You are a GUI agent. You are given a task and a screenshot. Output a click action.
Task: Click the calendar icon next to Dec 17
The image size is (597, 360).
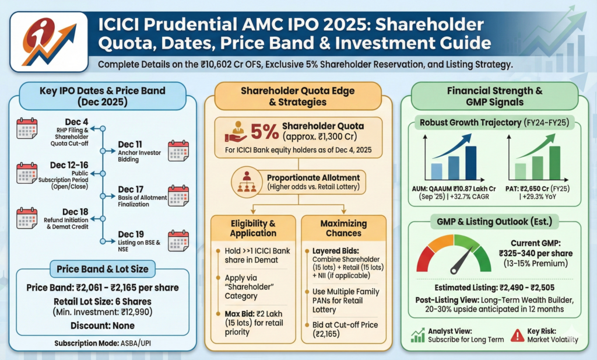[178, 195]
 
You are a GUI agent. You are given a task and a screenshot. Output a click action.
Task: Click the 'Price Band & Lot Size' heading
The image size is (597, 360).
[102, 270]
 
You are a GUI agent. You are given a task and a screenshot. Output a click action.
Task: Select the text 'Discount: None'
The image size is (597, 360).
[103, 325]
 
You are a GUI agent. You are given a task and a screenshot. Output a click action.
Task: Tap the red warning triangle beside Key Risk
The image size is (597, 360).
[517, 335]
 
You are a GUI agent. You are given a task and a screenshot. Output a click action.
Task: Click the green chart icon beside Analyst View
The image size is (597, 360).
[418, 335]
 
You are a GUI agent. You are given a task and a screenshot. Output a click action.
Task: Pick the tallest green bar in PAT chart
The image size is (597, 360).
[554, 162]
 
